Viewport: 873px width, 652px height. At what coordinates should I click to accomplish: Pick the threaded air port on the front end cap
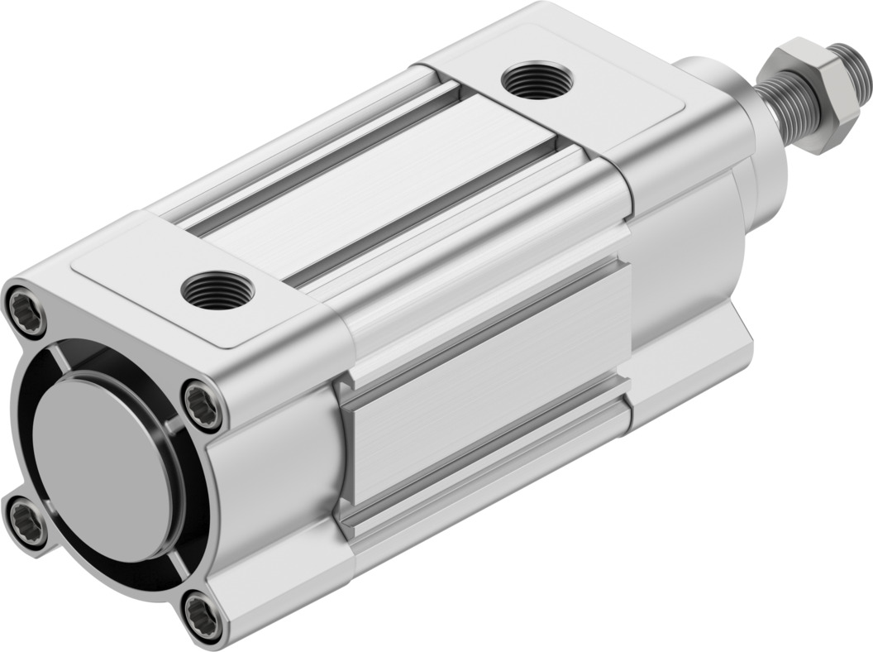pyautogui.click(x=537, y=81)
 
